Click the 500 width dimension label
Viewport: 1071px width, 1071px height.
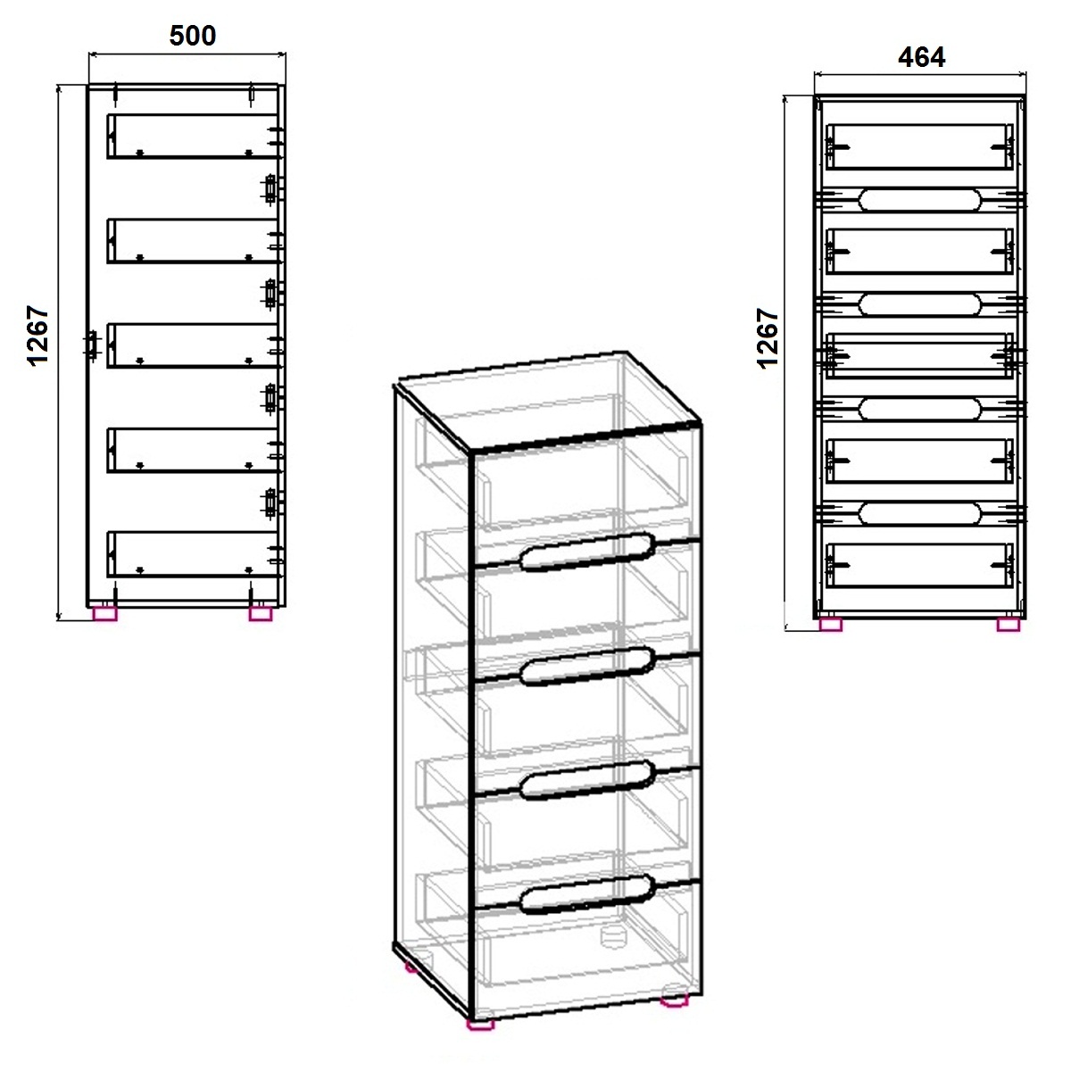click(192, 36)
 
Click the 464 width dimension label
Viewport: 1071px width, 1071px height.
click(921, 57)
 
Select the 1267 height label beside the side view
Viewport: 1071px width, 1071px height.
click(38, 336)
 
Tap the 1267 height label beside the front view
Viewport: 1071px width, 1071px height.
click(768, 338)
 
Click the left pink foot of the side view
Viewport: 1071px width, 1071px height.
click(105, 613)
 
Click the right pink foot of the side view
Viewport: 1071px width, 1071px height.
click(261, 613)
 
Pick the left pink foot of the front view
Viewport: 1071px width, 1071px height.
click(831, 625)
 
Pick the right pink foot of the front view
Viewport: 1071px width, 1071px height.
click(1009, 625)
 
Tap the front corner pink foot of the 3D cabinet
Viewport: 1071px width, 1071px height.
click(481, 1024)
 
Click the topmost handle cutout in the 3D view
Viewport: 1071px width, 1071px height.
click(587, 552)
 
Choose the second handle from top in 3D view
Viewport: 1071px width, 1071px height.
click(587, 667)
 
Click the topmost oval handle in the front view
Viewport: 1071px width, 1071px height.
click(920, 200)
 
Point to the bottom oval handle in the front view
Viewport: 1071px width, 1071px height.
click(920, 513)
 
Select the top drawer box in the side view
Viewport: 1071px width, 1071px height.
click(192, 137)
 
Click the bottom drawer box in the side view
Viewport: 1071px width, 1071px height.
click(192, 554)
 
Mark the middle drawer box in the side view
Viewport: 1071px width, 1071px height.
click(192, 345)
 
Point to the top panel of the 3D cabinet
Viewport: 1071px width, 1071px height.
click(547, 399)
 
